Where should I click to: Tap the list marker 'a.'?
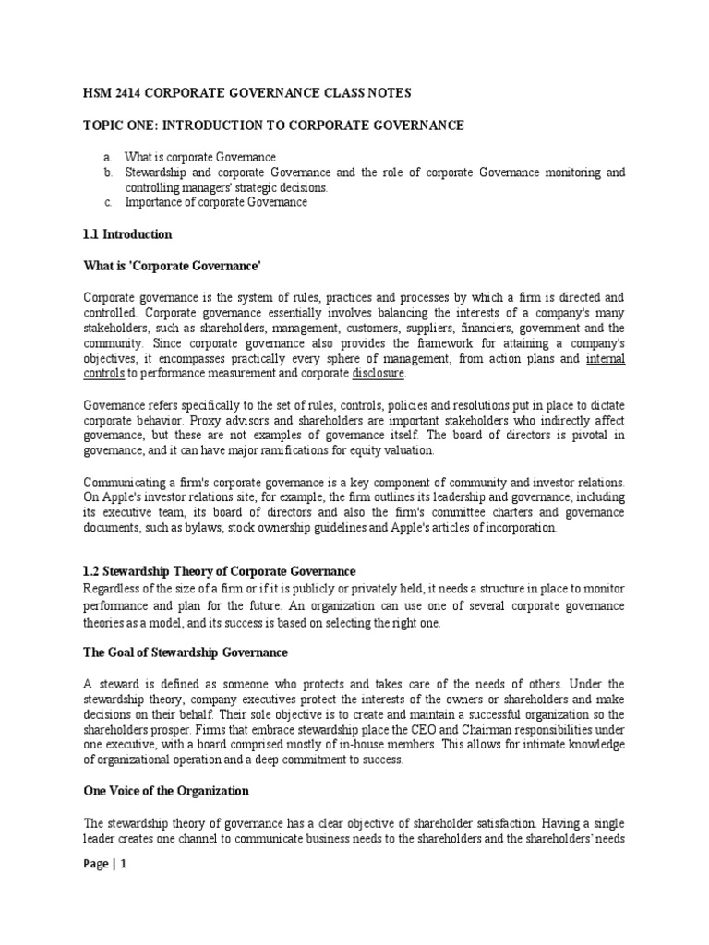point(108,158)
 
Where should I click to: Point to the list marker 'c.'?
point(108,202)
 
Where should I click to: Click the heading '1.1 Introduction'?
point(127,234)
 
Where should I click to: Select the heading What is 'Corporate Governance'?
point(173,267)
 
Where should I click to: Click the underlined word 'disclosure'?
point(379,374)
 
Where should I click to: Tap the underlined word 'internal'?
point(606,358)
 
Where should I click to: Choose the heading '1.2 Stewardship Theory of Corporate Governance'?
point(219,572)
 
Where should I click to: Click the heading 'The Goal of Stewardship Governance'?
point(186,652)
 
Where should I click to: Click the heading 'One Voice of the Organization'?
point(166,791)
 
